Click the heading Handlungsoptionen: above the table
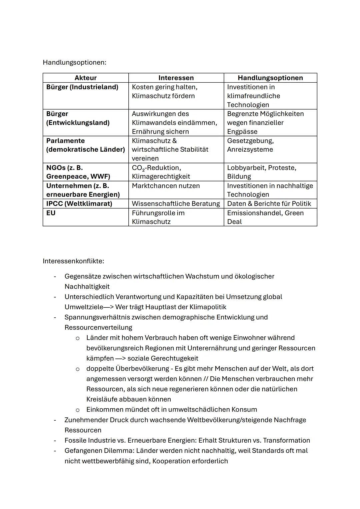(74, 62)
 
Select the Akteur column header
(85, 78)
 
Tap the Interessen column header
(176, 78)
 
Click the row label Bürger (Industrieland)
(82, 87)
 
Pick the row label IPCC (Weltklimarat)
(79, 203)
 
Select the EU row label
(51, 213)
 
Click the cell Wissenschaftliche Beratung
(176, 203)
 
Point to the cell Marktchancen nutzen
(166, 186)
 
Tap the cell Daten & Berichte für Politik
(269, 203)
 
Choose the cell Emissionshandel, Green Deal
(265, 217)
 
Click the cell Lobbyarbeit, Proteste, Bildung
(261, 172)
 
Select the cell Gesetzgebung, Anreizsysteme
(250, 145)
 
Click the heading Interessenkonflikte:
(73, 261)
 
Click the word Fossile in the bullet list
(75, 440)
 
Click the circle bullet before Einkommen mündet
(78, 410)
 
